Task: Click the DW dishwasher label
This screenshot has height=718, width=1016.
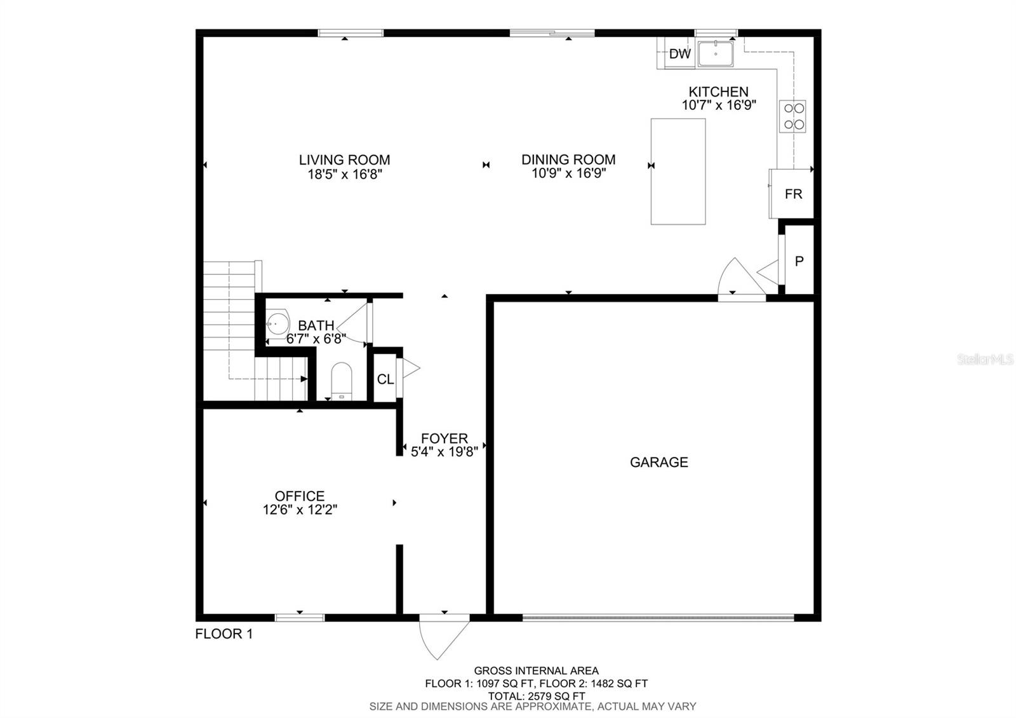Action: click(x=680, y=54)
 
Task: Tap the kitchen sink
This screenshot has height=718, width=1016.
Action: click(x=715, y=53)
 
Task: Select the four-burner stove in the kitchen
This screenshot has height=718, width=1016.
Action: click(x=793, y=116)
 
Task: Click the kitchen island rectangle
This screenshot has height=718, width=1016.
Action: click(x=678, y=172)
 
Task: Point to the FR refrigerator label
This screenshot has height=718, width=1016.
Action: click(x=793, y=194)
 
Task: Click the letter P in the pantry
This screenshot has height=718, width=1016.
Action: click(x=799, y=261)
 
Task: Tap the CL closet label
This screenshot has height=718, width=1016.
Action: click(x=385, y=379)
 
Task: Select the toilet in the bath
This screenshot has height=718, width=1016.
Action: click(x=342, y=382)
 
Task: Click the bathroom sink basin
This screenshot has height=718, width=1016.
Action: click(x=277, y=324)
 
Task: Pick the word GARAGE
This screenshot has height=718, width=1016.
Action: click(x=659, y=462)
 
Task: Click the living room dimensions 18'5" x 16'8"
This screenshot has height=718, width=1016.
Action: click(x=345, y=174)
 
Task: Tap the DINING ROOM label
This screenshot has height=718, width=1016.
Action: click(x=568, y=159)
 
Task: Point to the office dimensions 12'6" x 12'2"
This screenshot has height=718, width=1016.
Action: click(x=300, y=510)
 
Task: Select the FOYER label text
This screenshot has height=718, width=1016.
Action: click(x=444, y=438)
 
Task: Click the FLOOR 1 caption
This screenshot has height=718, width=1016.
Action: click(x=224, y=633)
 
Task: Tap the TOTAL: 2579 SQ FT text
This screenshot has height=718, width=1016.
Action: click(x=537, y=696)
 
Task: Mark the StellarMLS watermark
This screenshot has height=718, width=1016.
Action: click(x=985, y=360)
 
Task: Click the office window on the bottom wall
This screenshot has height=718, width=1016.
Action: click(x=300, y=618)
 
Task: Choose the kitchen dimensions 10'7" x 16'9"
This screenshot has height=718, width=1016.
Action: click(x=719, y=105)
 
